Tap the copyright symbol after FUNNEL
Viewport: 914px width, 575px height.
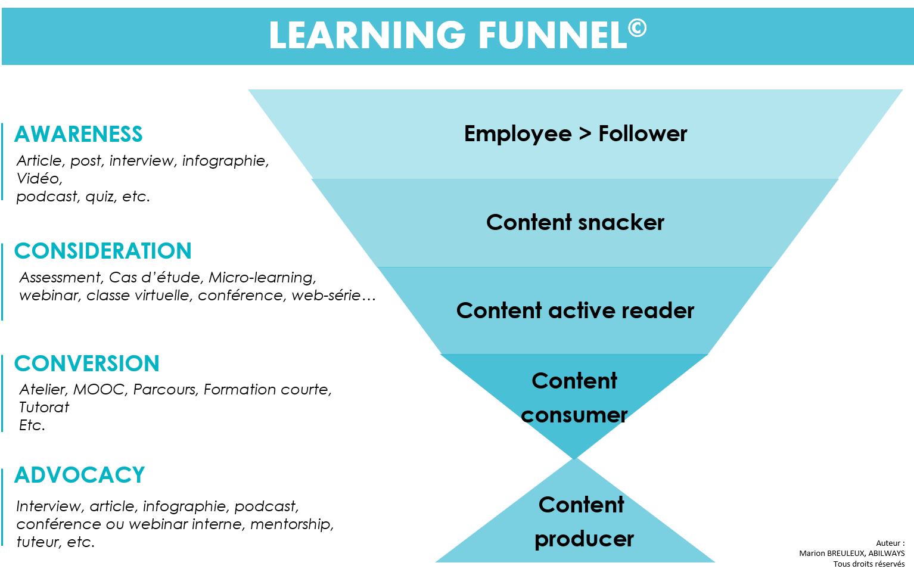637,27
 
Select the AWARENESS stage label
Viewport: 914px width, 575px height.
79,134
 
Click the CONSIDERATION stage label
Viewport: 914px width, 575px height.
102,251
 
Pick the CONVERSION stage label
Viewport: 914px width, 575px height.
87,363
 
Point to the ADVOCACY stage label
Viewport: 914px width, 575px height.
80,475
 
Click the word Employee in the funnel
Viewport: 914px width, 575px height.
518,134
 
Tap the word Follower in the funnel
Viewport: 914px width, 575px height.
642,134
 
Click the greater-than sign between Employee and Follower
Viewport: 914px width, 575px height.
585,135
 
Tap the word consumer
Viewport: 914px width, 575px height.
574,415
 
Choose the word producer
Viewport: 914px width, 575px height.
584,539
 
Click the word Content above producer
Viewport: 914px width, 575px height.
582,505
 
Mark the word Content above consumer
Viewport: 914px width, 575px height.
574,381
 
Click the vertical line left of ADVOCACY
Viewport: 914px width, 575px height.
2,506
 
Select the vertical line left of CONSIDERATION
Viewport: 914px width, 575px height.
2,281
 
